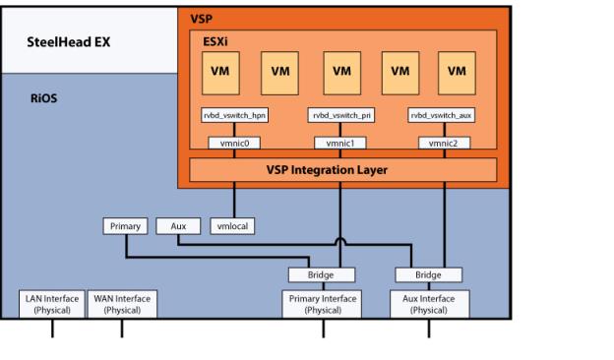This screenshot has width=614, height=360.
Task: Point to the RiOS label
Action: click(45, 98)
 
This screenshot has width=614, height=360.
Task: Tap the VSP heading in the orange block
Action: click(201, 18)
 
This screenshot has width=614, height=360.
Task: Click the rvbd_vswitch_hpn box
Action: click(234, 115)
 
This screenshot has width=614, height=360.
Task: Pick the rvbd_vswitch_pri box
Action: click(339, 115)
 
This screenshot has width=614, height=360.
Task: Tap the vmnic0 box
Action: click(234, 143)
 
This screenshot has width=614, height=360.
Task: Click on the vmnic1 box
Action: click(339, 143)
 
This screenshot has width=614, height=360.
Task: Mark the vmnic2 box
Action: click(444, 143)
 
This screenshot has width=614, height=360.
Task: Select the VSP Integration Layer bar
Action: click(338, 169)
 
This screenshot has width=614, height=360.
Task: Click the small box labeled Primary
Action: click(125, 226)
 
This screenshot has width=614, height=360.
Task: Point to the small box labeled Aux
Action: click(178, 226)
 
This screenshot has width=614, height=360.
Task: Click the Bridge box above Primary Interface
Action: click(322, 275)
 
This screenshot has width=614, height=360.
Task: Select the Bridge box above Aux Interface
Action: click(428, 275)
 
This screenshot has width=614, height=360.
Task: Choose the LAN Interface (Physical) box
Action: click(52, 304)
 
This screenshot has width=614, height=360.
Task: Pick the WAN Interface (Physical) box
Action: click(122, 304)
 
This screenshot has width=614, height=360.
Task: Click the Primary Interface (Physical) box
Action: click(322, 304)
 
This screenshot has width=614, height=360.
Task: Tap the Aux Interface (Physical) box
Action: click(429, 304)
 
